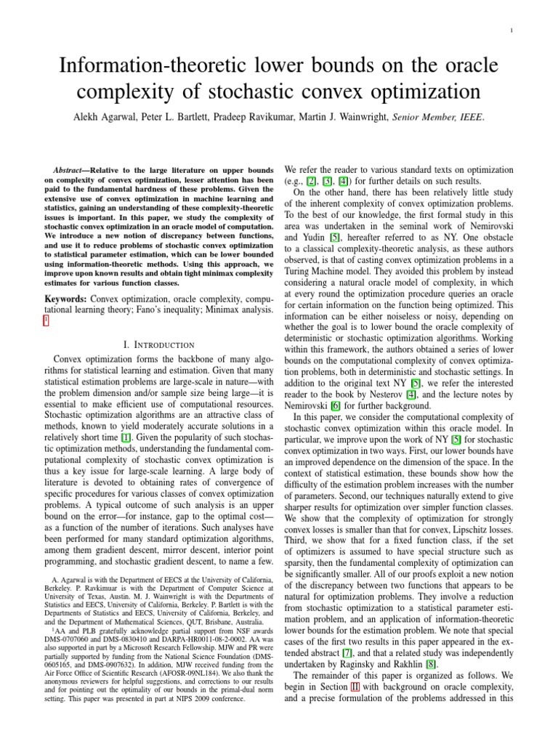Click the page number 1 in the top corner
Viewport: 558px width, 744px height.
(x=533, y=31)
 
